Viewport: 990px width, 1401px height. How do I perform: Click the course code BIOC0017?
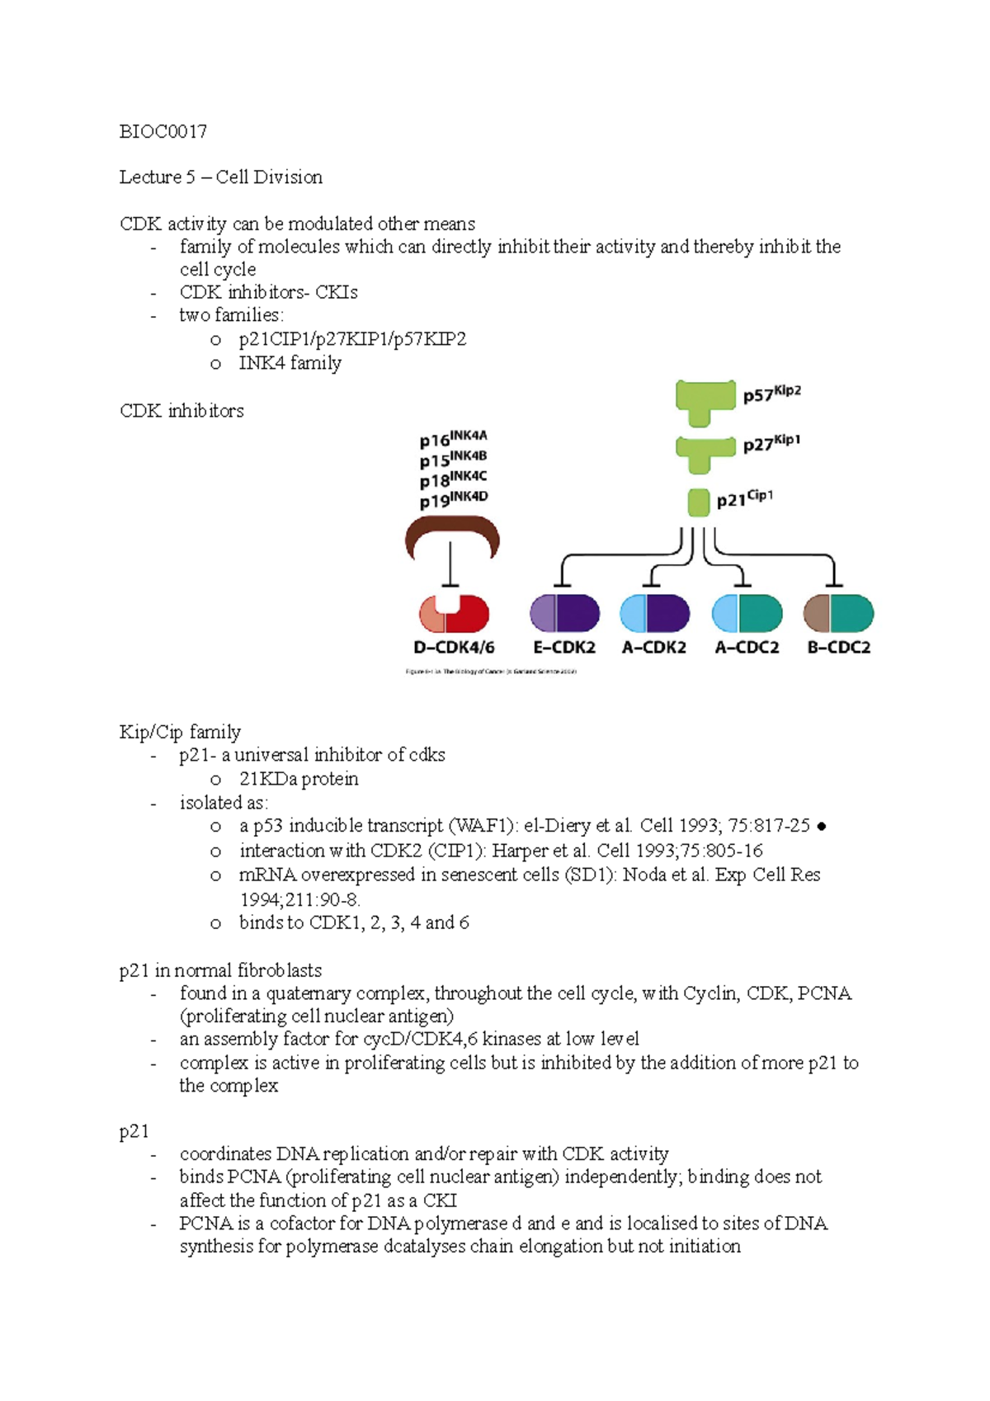[x=163, y=132]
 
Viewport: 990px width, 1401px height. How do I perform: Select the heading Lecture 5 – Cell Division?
[x=220, y=177]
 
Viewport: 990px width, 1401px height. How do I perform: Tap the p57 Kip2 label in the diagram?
[x=771, y=394]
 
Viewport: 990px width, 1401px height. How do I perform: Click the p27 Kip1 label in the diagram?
[x=771, y=444]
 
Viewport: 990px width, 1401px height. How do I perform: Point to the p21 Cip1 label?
[x=744, y=499]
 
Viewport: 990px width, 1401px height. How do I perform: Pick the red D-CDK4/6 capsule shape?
[x=455, y=614]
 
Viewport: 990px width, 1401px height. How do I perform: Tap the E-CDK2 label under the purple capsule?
[x=564, y=648]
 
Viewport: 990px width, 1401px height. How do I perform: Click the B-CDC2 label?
[x=839, y=648]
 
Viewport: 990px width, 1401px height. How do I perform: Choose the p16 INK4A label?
[x=453, y=438]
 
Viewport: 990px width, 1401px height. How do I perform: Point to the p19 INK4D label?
[x=453, y=499]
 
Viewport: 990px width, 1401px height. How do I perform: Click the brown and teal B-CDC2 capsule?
[x=839, y=614]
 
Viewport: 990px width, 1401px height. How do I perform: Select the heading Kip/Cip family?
[x=180, y=732]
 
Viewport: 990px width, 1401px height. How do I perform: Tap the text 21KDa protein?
[x=299, y=779]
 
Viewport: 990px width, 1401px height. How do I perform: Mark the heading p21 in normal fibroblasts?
[x=220, y=970]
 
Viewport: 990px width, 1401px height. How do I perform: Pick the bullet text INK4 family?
[x=290, y=363]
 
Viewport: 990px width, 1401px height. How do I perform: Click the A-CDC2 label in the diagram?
[x=747, y=648]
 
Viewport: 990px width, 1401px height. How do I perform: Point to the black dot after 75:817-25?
[x=821, y=827]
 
